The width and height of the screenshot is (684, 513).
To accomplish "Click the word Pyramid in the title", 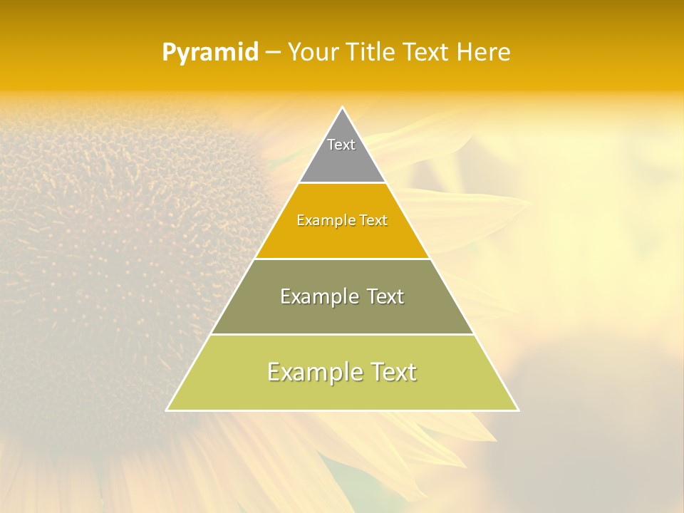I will coord(210,53).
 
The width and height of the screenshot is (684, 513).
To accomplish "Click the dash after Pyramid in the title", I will coord(273,53).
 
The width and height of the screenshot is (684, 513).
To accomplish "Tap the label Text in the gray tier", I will coord(341,145).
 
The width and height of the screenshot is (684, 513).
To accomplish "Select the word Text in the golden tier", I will coord(374,220).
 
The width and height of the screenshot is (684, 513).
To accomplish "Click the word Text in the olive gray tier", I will coord(385,296).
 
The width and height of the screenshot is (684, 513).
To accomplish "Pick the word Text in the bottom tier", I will coord(394,372).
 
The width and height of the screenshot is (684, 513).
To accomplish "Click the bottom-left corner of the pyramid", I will coord(167,410).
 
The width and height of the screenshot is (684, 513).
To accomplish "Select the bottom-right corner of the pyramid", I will coord(517,410).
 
